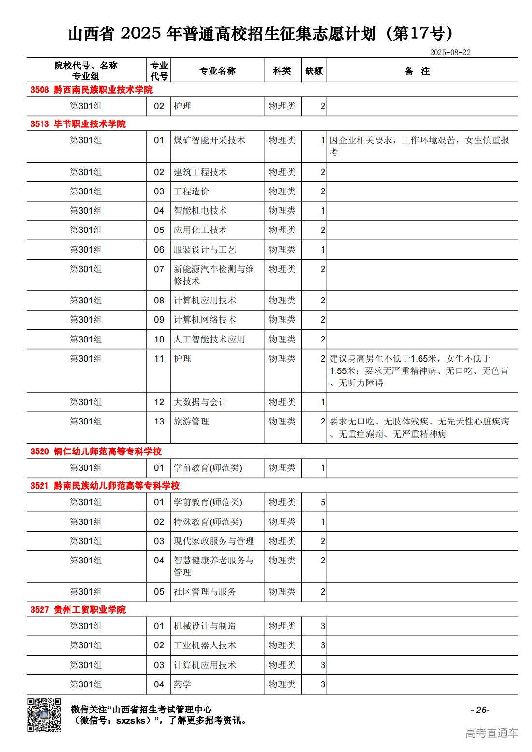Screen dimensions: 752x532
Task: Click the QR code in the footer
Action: [44, 715]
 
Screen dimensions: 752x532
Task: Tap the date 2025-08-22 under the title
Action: [450, 52]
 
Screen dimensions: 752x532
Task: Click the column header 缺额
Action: [314, 71]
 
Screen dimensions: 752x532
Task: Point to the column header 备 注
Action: [417, 71]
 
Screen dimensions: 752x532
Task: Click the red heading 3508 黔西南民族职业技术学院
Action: [91, 90]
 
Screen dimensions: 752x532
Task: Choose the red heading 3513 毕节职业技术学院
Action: [78, 124]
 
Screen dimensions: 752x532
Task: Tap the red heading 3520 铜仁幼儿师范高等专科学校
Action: [96, 451]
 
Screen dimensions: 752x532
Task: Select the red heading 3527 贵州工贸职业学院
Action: [78, 610]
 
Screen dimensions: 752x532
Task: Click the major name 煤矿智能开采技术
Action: [209, 140]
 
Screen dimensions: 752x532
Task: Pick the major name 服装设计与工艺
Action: [205, 250]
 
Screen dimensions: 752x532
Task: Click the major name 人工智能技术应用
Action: [209, 340]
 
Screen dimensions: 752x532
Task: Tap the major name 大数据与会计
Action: [200, 402]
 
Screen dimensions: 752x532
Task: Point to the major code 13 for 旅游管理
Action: [159, 422]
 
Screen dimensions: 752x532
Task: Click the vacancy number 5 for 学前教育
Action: [322, 502]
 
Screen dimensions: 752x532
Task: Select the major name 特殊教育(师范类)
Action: [208, 522]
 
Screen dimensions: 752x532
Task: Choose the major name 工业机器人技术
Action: [205, 645]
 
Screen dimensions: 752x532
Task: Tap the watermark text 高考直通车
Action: [491, 733]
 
